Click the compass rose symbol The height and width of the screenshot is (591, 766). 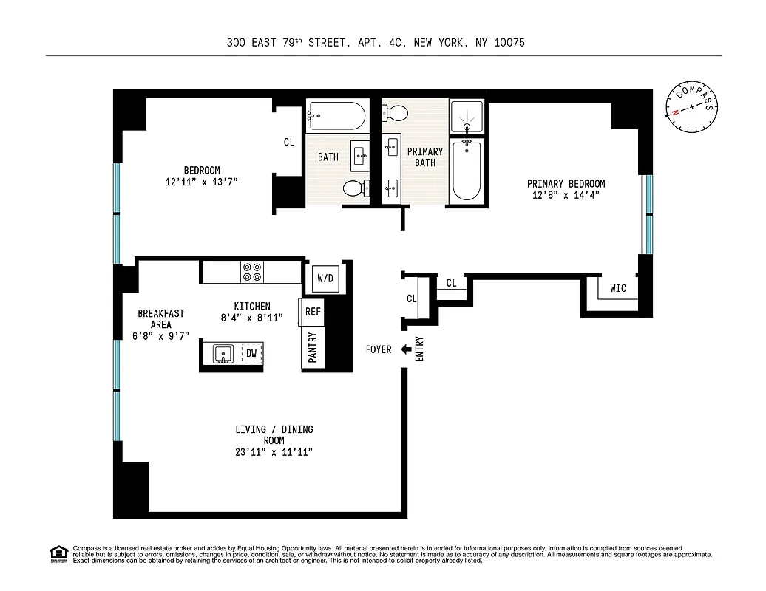tap(691, 108)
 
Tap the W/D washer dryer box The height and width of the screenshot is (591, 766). tap(325, 279)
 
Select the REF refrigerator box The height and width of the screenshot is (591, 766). tap(313, 312)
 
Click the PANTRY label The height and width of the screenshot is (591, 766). tap(313, 348)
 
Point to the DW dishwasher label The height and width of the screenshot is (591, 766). tap(251, 354)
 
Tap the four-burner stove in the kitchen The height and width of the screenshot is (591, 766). tap(252, 273)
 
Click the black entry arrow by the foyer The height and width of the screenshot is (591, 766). tap(406, 349)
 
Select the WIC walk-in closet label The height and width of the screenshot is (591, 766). tap(618, 288)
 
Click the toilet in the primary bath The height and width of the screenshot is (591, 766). tap(395, 113)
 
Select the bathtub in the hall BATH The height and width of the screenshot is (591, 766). tap(336, 115)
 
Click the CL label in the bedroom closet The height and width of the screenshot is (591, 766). tap(289, 143)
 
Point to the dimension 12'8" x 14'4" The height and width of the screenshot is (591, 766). tap(566, 195)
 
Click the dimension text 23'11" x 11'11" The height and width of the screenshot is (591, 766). tap(274, 452)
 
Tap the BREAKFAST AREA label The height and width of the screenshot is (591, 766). tap(160, 319)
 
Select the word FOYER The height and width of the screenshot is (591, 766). tap(379, 349)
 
